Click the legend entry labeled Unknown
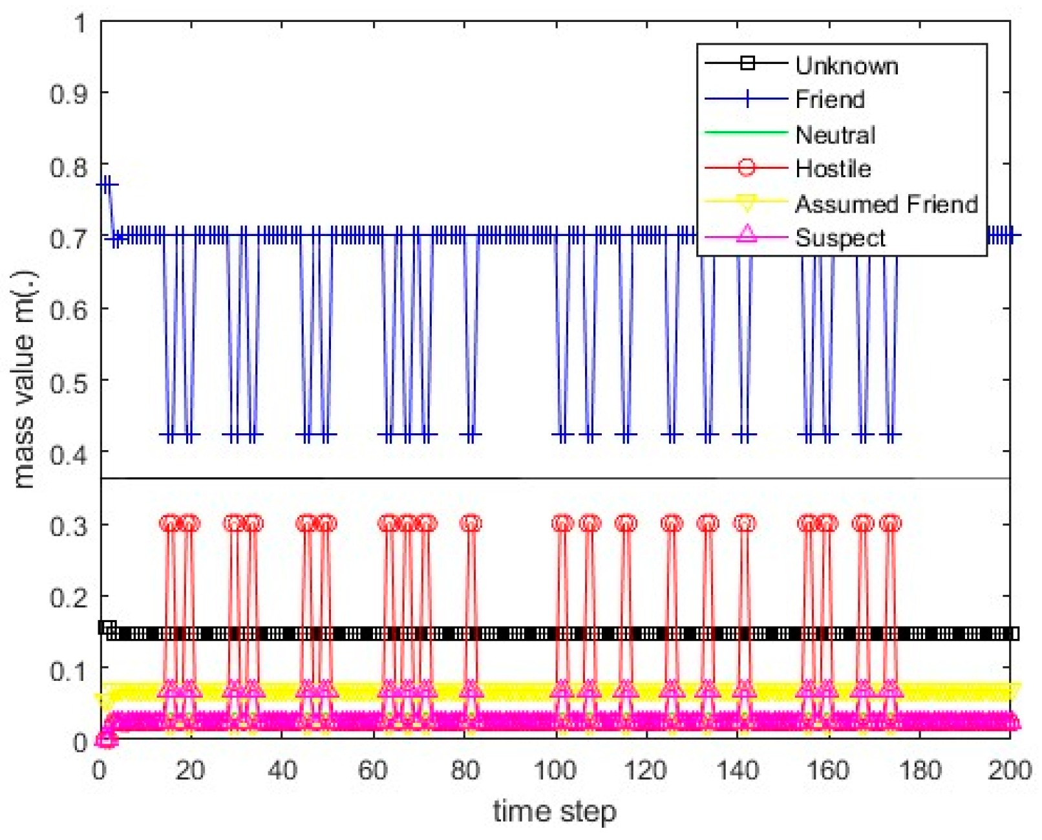pyautogui.click(x=846, y=65)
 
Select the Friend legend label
pyautogui.click(x=829, y=99)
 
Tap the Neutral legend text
pyautogui.click(x=835, y=135)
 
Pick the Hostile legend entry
pyautogui.click(x=833, y=169)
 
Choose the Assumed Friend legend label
pyautogui.click(x=886, y=204)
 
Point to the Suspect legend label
pyautogui.click(x=840, y=238)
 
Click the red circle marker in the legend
pyautogui.click(x=747, y=167)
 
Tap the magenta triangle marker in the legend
pyautogui.click(x=747, y=233)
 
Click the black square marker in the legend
pyautogui.click(x=747, y=63)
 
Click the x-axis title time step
pyautogui.click(x=555, y=811)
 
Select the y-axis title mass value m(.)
pyautogui.click(x=24, y=380)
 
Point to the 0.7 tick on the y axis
pyautogui.click(x=69, y=238)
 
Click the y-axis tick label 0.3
pyautogui.click(x=69, y=525)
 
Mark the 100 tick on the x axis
pyautogui.click(x=555, y=770)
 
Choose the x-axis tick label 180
pyautogui.click(x=919, y=770)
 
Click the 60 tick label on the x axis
pyautogui.click(x=373, y=770)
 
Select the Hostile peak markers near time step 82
pyautogui.click(x=471, y=523)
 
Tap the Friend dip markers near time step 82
pyautogui.click(x=471, y=435)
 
